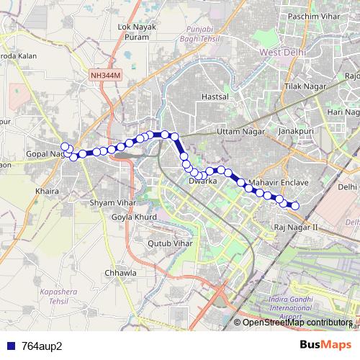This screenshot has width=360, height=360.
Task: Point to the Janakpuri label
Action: coord(292,132)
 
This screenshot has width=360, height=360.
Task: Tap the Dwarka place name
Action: coord(202,181)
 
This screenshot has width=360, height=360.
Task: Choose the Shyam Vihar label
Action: coord(112,203)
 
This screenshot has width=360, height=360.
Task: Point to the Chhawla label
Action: coord(120,273)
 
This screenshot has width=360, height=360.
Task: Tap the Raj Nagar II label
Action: coord(296,228)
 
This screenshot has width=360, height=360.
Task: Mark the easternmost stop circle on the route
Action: coord(294,206)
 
